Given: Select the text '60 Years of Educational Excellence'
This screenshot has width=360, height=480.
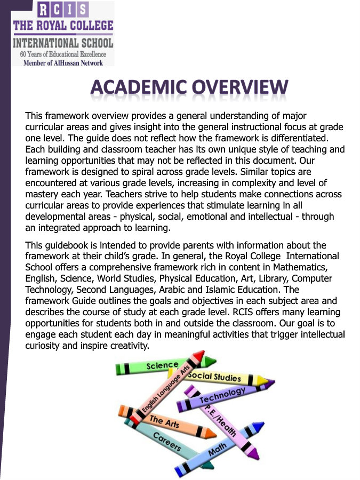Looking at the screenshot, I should tap(63, 54).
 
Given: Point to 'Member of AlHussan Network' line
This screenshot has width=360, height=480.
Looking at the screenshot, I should tap(63, 62).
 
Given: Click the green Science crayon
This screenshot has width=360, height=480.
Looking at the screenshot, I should tap(163, 366).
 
